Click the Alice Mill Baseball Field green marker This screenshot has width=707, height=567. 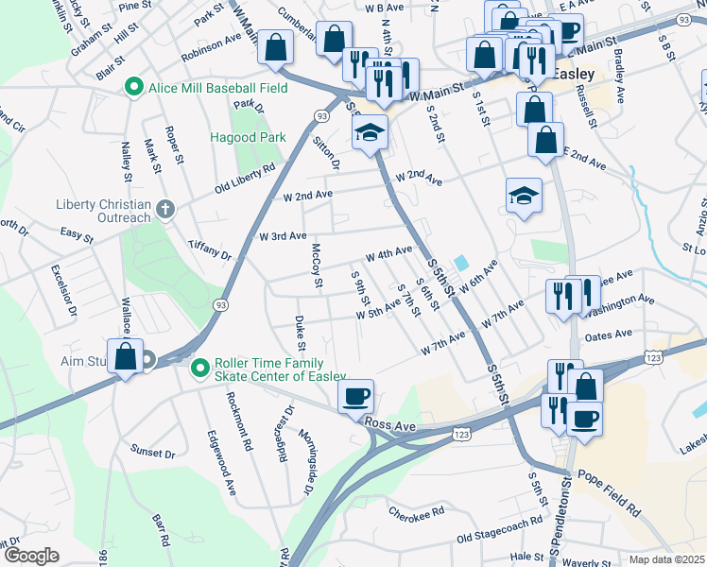click(134, 89)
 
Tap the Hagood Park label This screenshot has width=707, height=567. click(248, 137)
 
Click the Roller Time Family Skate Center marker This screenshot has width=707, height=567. click(199, 369)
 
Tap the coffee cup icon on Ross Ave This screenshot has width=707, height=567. click(355, 396)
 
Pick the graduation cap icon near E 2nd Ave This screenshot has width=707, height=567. click(524, 196)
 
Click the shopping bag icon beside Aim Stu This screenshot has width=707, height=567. click(125, 356)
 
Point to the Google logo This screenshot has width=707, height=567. click(30, 556)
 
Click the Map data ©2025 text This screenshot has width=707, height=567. click(666, 559)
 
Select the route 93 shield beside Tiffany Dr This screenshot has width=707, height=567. click(220, 305)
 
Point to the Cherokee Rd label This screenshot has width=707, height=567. click(417, 511)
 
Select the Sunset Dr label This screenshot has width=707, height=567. click(153, 453)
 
